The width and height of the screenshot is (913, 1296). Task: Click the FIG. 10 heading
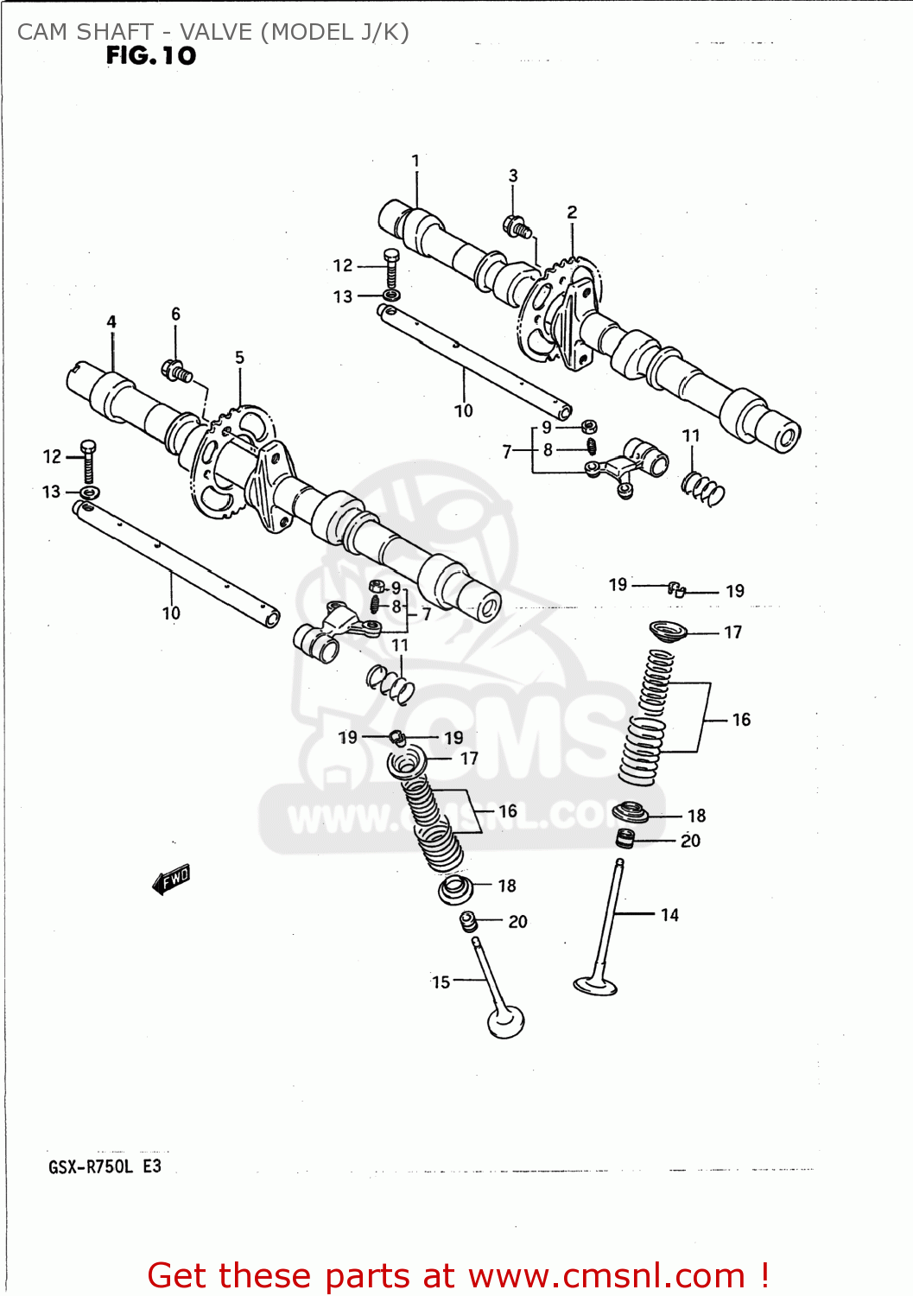pos(151,56)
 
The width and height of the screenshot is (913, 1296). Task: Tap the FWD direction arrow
pos(171,880)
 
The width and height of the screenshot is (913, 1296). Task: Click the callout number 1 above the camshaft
pos(415,161)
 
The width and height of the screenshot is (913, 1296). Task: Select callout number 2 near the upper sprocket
pos(572,213)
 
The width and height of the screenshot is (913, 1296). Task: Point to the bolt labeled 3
pos(517,227)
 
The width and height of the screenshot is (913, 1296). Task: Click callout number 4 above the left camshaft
pos(111,322)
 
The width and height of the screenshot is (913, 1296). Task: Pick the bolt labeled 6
pos(176,372)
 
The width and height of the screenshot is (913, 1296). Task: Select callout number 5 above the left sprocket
pos(239,358)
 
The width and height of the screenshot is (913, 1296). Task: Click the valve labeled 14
pos(604,933)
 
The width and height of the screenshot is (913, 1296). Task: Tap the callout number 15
pos(441,982)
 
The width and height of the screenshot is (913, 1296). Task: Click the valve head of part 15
pos(506,1021)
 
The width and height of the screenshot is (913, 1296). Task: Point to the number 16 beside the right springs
pos(741,720)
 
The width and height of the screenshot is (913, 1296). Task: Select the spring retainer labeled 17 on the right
pos(668,632)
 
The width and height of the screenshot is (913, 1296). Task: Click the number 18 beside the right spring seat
pos(696,816)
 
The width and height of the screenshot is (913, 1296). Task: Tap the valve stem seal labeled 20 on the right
pos(625,838)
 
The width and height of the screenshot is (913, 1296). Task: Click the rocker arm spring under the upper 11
pos(703,489)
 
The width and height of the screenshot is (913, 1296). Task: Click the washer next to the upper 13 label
pos(390,295)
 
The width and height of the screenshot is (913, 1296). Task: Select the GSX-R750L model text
pos(91,1167)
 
